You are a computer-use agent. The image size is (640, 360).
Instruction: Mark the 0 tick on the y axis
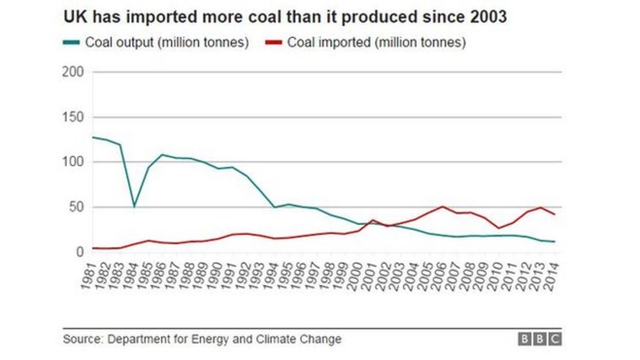coord(80,252)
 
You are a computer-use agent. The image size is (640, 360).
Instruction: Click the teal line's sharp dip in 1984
coord(134,206)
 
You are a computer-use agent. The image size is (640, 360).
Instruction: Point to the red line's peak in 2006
coord(442,207)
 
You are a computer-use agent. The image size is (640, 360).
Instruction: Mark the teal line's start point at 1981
coord(93,137)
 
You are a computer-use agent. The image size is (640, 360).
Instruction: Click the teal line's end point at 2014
coord(555,242)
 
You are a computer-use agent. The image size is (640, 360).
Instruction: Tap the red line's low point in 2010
coord(498,228)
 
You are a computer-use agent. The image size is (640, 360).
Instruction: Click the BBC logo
coord(540,339)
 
